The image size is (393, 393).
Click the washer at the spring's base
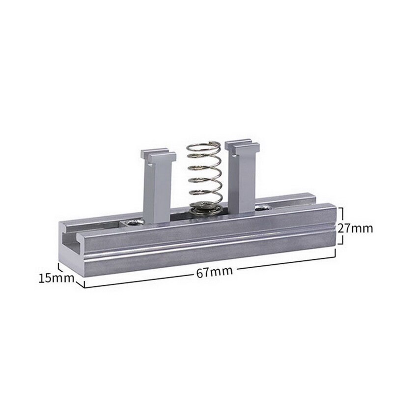[206, 209]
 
